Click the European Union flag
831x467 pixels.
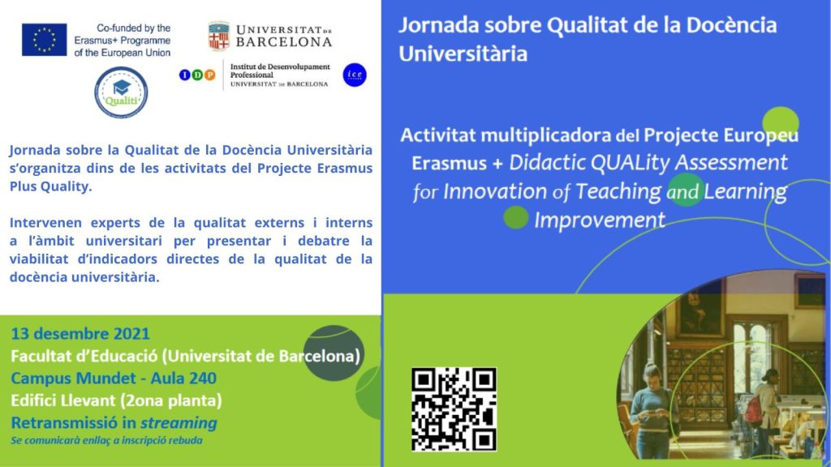[45, 40]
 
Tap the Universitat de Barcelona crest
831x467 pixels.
[219, 36]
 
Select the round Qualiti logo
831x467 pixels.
[121, 92]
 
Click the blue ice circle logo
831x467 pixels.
[355, 75]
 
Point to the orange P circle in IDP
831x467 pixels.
[210, 75]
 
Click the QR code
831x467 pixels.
[454, 409]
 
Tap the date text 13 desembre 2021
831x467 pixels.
[80, 333]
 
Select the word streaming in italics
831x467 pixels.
[179, 423]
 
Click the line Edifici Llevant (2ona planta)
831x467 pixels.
[116, 401]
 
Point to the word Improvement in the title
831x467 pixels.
[600, 220]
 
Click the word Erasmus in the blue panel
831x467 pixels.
[449, 162]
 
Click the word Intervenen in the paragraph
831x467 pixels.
[45, 222]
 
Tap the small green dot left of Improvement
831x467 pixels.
[515, 217]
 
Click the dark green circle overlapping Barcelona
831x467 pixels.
[334, 353]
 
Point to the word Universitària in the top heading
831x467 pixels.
[463, 54]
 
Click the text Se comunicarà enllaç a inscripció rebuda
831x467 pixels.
[106, 440]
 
